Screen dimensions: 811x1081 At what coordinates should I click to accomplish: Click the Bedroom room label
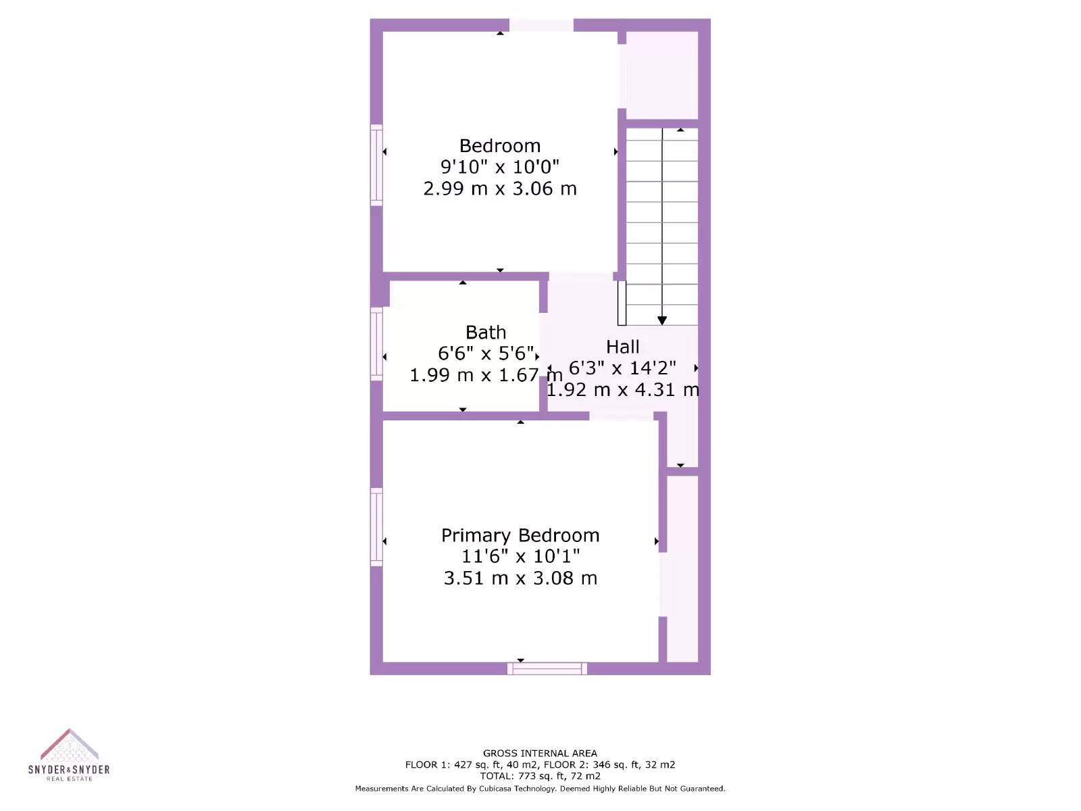[x=499, y=146]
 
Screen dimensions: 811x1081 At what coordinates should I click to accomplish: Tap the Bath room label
[x=486, y=333]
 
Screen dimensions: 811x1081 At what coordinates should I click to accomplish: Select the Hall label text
[x=622, y=347]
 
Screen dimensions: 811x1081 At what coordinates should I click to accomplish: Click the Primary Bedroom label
[x=520, y=535]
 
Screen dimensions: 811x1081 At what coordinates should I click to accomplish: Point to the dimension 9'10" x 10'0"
[x=499, y=167]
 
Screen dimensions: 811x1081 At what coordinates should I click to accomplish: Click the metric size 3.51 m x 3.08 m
[x=520, y=579]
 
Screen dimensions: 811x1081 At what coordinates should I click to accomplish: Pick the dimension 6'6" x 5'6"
[x=486, y=353]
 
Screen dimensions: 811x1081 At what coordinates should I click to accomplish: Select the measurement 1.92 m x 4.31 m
[x=622, y=390]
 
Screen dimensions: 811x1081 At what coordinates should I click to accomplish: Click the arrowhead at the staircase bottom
[x=662, y=320]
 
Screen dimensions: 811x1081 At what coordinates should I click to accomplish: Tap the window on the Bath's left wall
[x=376, y=343]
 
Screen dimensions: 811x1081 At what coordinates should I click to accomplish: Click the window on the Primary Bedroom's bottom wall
[x=547, y=668]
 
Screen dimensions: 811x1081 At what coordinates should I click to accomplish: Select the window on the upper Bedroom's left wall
[x=376, y=165]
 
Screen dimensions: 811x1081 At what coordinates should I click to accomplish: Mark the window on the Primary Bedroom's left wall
[x=376, y=527]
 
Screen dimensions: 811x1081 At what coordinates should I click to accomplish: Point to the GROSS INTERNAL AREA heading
[x=540, y=753]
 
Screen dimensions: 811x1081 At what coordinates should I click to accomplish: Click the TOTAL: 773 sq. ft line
[x=540, y=776]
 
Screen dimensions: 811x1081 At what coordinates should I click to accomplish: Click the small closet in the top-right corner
[x=661, y=75]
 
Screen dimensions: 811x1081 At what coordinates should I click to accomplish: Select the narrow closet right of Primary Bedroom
[x=682, y=568]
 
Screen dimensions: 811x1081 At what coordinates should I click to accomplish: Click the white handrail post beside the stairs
[x=622, y=303]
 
